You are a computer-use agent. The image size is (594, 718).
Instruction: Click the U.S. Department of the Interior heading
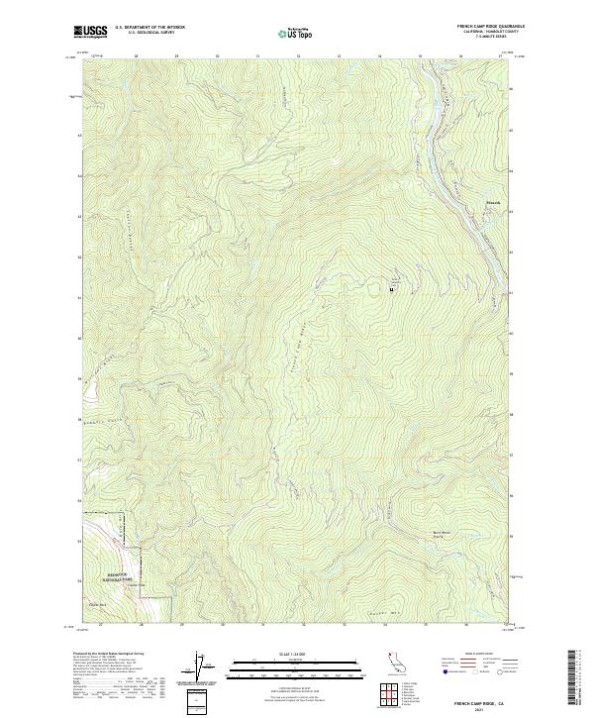[149, 28]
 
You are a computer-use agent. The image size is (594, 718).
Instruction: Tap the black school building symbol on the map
[392, 289]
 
